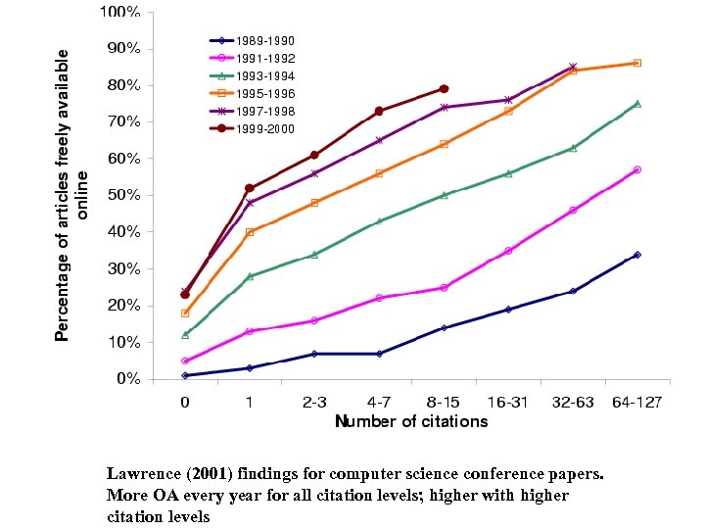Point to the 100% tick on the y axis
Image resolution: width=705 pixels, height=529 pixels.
[x=118, y=13]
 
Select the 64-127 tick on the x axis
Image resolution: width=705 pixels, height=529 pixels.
[x=637, y=401]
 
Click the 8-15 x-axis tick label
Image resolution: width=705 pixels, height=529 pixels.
[x=444, y=401]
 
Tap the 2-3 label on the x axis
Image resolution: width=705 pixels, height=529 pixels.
[x=314, y=401]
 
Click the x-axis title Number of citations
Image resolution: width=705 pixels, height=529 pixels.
[x=411, y=421]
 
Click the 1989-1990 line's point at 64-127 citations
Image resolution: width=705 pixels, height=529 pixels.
[x=637, y=255]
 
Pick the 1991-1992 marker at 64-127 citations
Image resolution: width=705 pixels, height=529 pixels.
[x=637, y=169]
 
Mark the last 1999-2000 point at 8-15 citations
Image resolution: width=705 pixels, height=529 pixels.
[x=444, y=88]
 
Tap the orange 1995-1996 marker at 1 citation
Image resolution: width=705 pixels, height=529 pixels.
[x=250, y=232]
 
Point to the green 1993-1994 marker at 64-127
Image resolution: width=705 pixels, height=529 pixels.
[x=637, y=103]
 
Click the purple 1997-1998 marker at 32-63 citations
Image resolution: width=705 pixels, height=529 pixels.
[x=573, y=67]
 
